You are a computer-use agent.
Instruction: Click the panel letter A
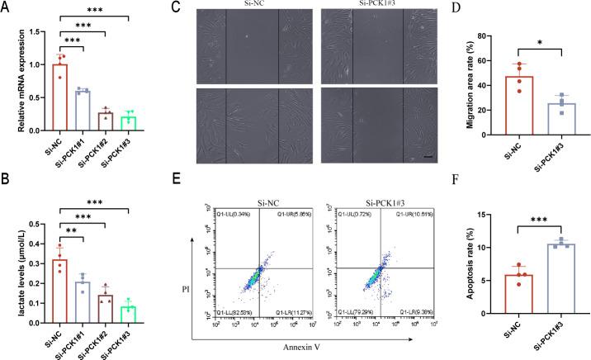[x=7, y=7]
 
